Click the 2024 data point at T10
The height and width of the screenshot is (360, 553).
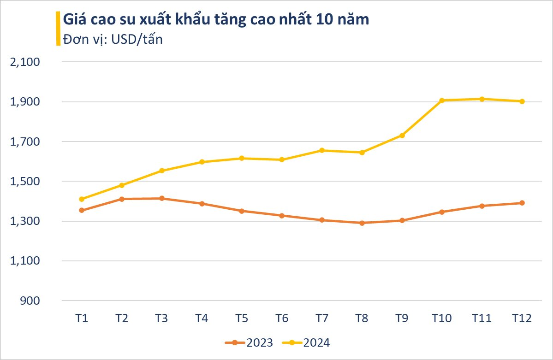(442, 100)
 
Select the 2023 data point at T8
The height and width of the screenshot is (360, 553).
(362, 223)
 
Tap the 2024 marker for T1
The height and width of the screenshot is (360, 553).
(82, 199)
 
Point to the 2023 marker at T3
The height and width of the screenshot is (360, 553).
(162, 198)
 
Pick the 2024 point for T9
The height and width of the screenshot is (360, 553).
(402, 135)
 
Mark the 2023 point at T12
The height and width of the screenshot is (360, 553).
(522, 203)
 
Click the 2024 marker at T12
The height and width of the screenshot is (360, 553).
(522, 101)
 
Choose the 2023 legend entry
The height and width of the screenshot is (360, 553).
(249, 342)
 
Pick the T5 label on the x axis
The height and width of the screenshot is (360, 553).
(242, 319)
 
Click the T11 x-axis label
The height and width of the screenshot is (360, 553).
(482, 319)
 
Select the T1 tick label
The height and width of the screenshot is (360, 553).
(82, 319)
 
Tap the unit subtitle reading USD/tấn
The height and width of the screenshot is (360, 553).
(113, 39)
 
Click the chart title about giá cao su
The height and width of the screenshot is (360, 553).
(215, 20)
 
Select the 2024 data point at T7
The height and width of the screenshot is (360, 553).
(322, 150)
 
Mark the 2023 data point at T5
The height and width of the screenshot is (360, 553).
(242, 211)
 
